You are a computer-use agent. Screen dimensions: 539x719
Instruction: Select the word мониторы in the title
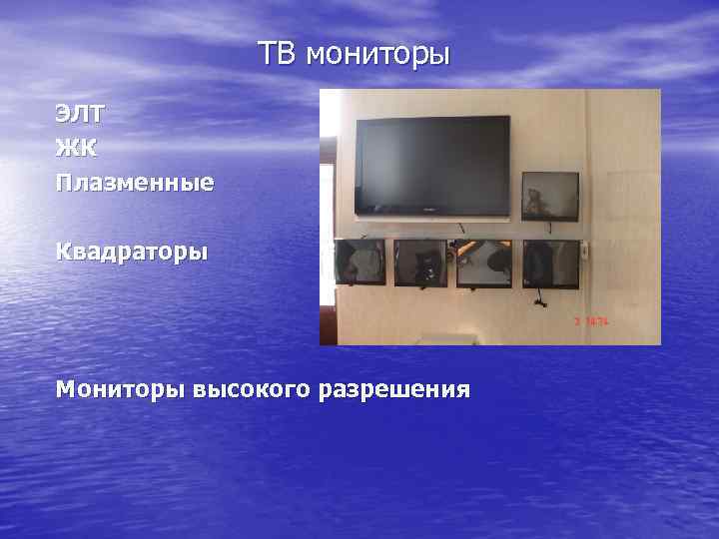(378, 54)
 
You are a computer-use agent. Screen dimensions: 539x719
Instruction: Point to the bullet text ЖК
(77, 149)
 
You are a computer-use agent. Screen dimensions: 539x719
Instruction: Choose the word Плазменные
(135, 184)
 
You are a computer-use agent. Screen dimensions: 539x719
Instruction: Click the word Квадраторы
(132, 251)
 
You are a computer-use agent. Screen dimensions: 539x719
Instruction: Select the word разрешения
(394, 388)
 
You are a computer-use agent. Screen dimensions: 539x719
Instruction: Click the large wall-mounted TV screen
(433, 164)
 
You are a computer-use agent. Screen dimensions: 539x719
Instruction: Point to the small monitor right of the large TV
(550, 195)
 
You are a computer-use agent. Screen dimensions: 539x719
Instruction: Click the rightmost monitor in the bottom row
(551, 264)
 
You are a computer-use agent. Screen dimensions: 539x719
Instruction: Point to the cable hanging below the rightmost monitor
(538, 297)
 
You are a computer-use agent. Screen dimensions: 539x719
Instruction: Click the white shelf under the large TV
(433, 218)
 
